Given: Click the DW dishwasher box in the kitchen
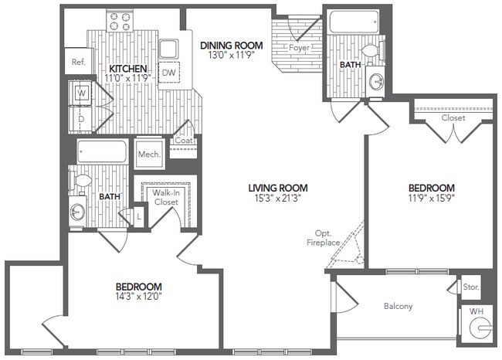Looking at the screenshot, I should (x=168, y=73).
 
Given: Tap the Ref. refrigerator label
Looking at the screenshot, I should (x=78, y=62).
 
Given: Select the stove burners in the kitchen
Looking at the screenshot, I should (x=120, y=21).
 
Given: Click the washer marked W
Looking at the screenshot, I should (x=82, y=93).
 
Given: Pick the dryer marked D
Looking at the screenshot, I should (x=82, y=119).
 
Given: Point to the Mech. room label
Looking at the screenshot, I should (x=149, y=155).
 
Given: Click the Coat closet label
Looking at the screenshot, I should (x=183, y=141).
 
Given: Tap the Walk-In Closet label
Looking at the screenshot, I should (x=165, y=197).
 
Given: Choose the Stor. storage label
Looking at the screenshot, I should (x=470, y=287).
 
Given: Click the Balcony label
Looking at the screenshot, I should (x=398, y=306).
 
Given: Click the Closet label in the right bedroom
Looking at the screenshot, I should (x=453, y=119).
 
